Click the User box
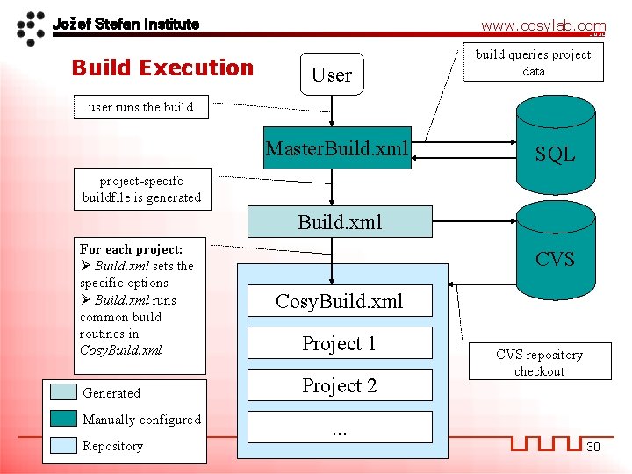332,75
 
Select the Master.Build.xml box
338,150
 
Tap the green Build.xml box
340,221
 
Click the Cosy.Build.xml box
339,301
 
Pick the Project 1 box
339,343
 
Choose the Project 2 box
339,385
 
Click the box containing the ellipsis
339,427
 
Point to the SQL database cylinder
555,140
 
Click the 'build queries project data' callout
534,63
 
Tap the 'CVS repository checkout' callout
539,363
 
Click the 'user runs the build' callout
140,107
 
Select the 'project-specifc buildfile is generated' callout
141,189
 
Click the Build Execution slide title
162,68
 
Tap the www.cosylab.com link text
542,26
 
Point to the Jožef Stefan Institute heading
126,24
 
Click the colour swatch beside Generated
63,392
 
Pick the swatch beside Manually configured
63,419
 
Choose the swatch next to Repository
63,445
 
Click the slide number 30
593,447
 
